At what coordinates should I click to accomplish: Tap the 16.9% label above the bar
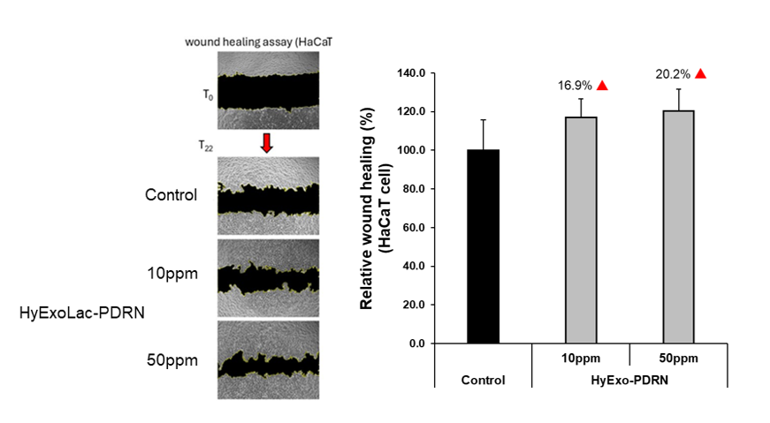[575, 86]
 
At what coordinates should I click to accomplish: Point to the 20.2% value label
[673, 74]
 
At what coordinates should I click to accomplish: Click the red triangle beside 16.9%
[602, 86]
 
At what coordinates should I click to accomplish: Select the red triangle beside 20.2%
[700, 74]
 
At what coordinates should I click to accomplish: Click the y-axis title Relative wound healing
[372, 208]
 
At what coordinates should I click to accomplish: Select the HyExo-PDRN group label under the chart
[629, 379]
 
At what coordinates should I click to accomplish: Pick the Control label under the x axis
[483, 381]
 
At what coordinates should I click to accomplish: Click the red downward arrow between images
[266, 142]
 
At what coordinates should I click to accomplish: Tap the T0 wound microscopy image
[265, 92]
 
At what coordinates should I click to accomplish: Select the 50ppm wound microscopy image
[265, 360]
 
